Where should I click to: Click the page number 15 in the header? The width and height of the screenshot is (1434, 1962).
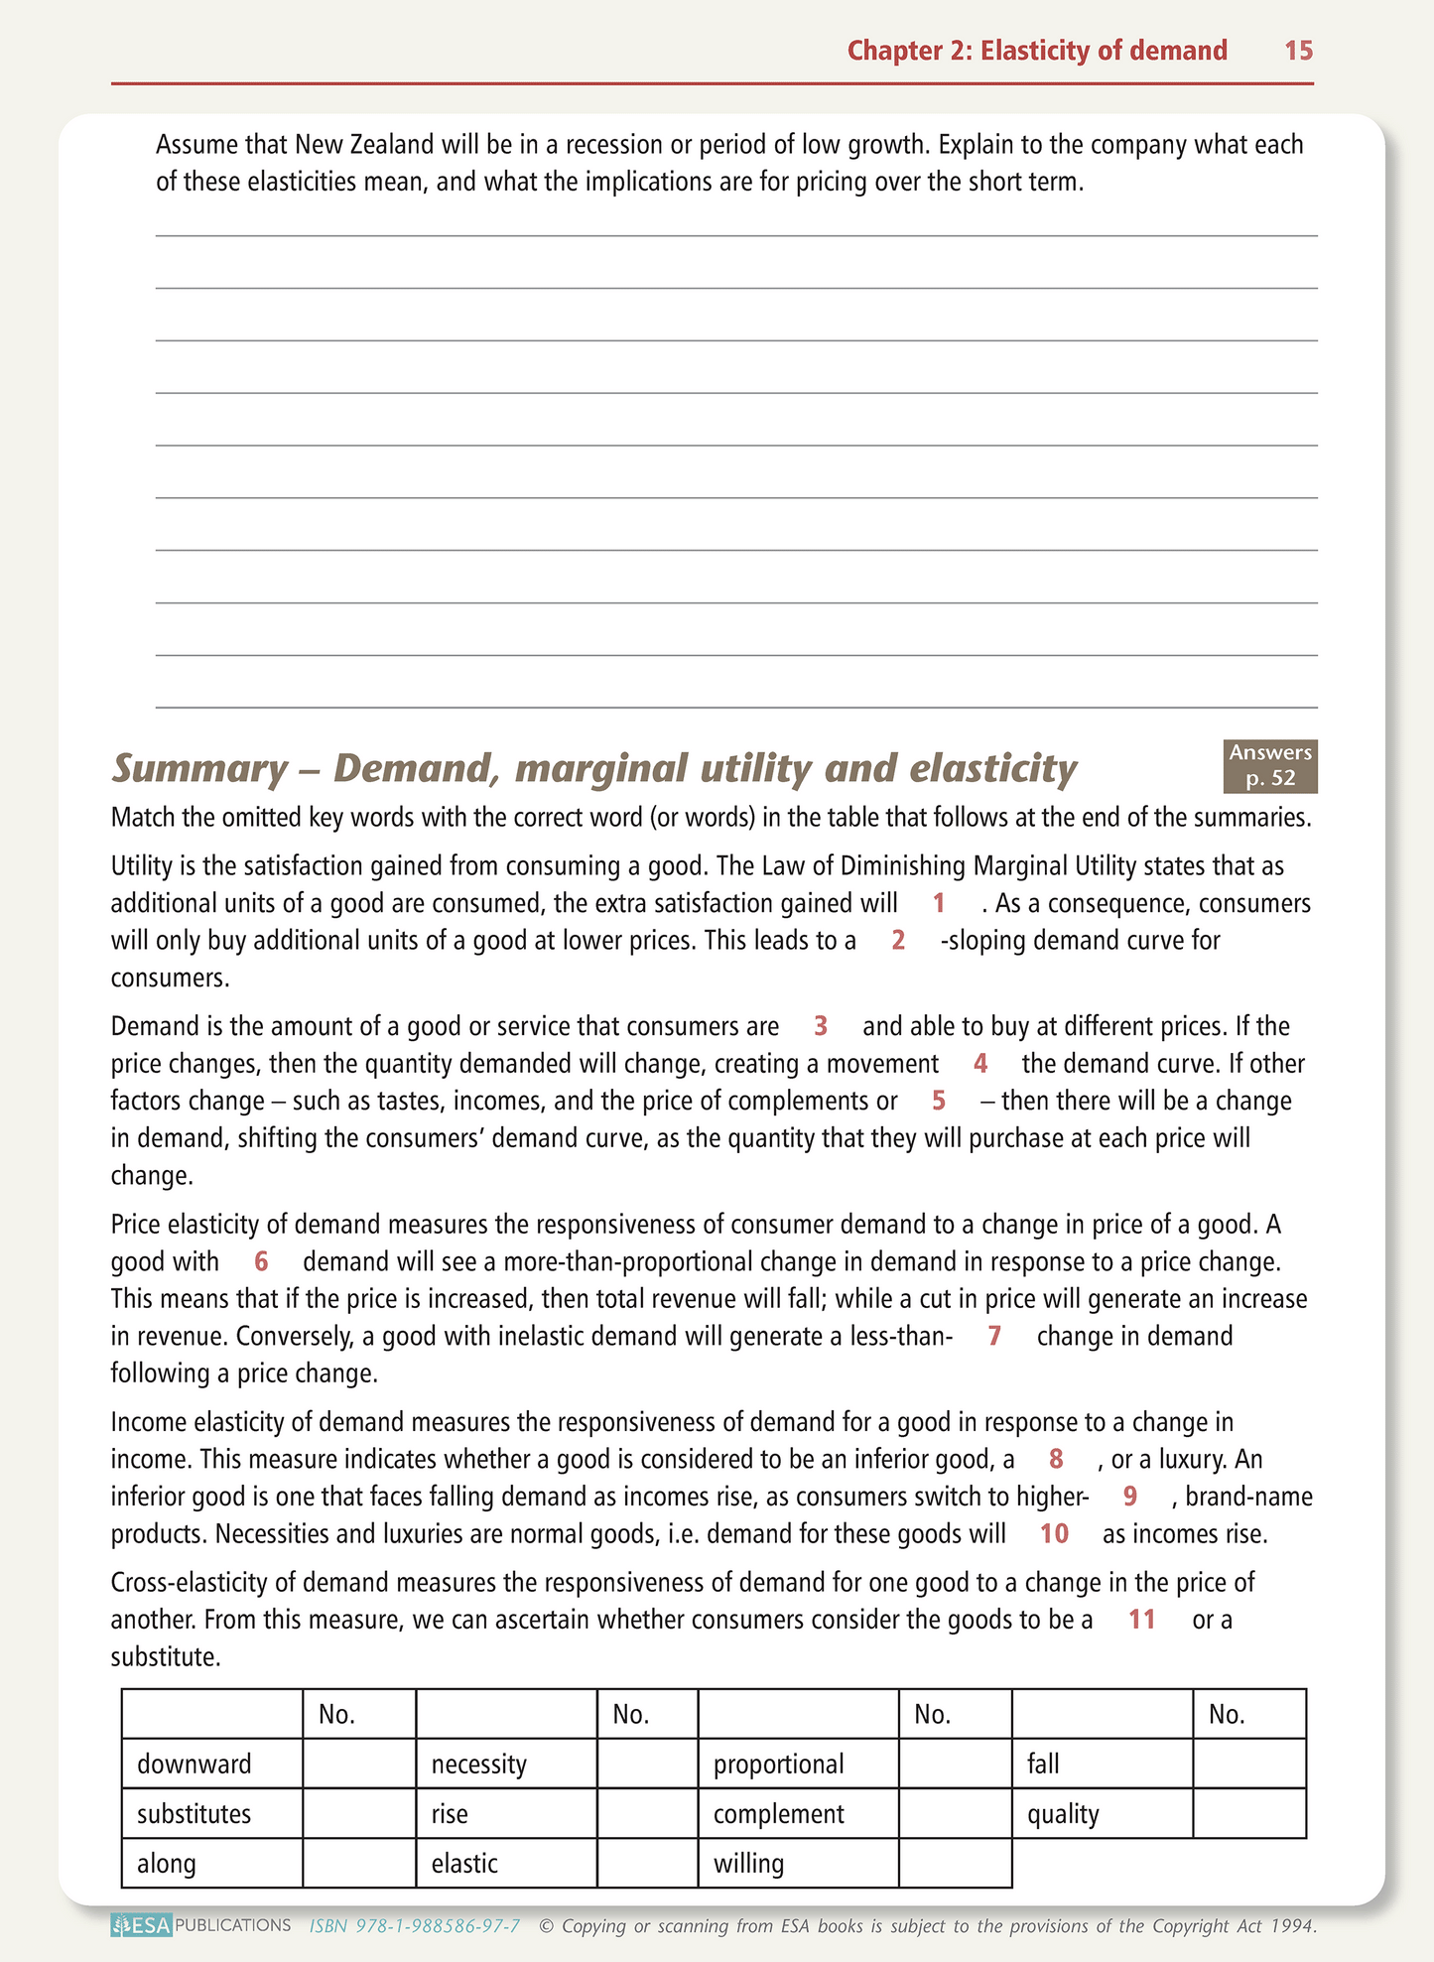[1298, 51]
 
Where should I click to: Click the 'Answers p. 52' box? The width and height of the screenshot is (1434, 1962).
[1270, 766]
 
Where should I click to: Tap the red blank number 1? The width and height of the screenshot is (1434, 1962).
[938, 903]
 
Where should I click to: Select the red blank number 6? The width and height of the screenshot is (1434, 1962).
[261, 1261]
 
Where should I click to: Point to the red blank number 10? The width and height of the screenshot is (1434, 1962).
[1054, 1533]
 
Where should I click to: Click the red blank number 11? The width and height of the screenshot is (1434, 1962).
[1142, 1619]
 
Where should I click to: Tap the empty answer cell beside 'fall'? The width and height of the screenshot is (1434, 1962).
[1249, 1764]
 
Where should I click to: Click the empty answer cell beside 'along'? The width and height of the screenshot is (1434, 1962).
[359, 1863]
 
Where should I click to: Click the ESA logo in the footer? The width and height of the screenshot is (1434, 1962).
[142, 1926]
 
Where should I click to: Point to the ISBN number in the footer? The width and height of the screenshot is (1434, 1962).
[415, 1926]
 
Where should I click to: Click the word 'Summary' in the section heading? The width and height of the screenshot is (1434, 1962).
[198, 768]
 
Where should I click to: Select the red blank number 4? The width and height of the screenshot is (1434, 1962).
[980, 1063]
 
